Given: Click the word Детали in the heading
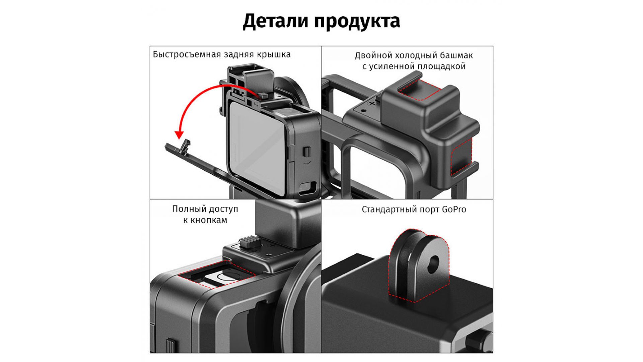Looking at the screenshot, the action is pyautogui.click(x=276, y=21).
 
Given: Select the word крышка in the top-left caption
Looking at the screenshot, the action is pyautogui.click(x=274, y=55).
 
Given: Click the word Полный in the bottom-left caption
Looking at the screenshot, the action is pyautogui.click(x=187, y=209).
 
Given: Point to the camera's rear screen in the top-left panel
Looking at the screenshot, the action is pyautogui.click(x=257, y=147).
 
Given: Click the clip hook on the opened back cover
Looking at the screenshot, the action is pyautogui.click(x=186, y=146).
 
